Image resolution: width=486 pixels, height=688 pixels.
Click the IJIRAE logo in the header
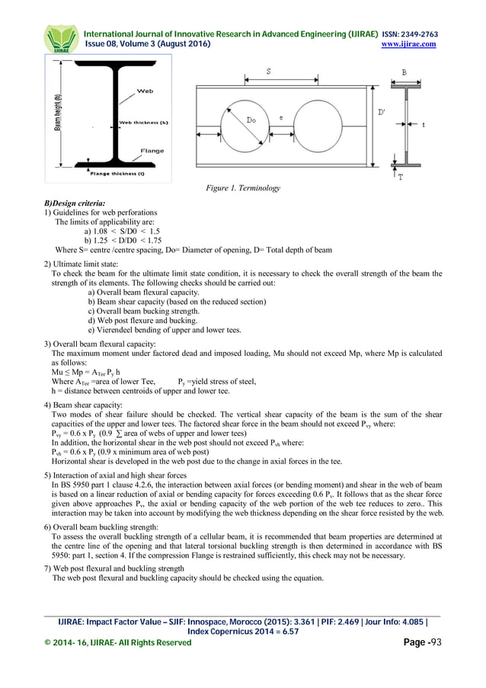click(x=60, y=39)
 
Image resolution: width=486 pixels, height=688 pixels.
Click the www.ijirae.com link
click(x=412, y=44)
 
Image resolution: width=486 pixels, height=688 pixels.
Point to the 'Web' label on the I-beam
click(x=145, y=91)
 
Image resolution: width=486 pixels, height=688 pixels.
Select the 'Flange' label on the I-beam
click(x=152, y=151)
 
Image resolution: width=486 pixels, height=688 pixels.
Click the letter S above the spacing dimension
click(x=270, y=70)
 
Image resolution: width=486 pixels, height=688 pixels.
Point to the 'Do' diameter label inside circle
click(x=251, y=120)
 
